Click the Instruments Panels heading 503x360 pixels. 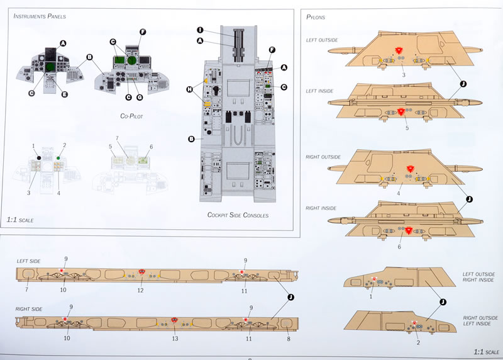40,16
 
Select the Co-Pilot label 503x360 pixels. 133,116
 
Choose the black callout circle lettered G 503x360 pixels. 140,98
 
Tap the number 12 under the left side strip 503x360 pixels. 141,290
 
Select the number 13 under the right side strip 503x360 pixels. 175,338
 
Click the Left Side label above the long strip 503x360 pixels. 29,260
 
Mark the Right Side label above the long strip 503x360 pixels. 30,310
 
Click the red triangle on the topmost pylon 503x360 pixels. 399,50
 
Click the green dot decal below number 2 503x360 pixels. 58,157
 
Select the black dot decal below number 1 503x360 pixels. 39,157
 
